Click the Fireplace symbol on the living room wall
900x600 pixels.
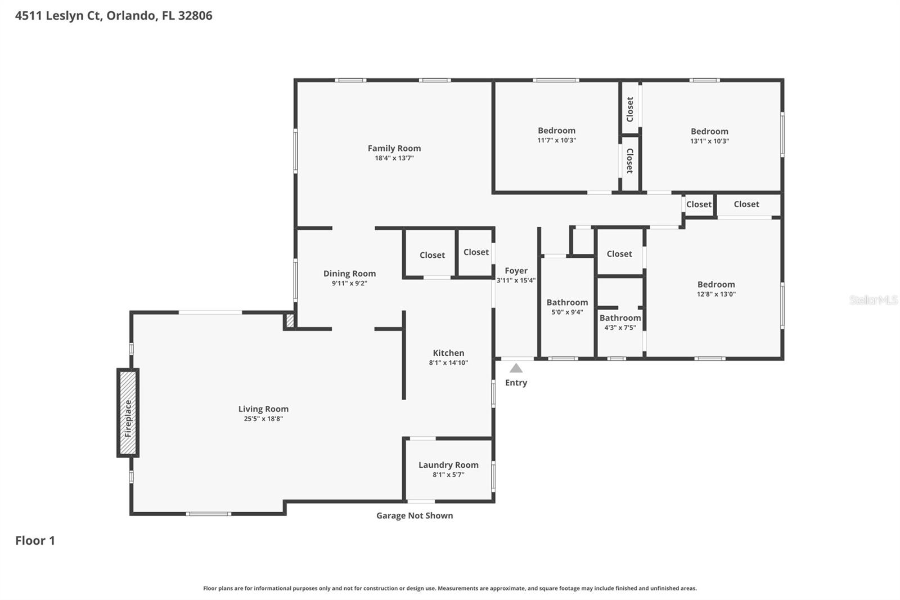(x=128, y=413)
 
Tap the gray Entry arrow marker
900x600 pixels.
(x=516, y=368)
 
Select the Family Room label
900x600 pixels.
(x=394, y=149)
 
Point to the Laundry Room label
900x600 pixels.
(x=448, y=465)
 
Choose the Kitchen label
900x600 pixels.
(x=448, y=353)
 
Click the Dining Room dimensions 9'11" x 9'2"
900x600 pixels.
(x=349, y=284)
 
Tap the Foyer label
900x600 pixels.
(x=516, y=271)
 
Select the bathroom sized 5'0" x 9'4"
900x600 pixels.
(x=567, y=307)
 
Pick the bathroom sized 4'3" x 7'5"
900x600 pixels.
(x=620, y=323)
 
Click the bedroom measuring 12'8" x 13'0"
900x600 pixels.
(x=716, y=289)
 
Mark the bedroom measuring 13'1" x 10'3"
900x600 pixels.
(x=709, y=136)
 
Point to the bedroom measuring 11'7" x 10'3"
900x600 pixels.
(x=556, y=135)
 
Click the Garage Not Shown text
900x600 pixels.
(x=415, y=516)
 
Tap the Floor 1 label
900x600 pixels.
(x=35, y=540)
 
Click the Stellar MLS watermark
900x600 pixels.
(x=873, y=300)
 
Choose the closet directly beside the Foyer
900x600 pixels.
(x=476, y=252)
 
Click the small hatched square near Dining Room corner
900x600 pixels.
(x=290, y=321)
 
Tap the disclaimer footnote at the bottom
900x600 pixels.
(x=449, y=588)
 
